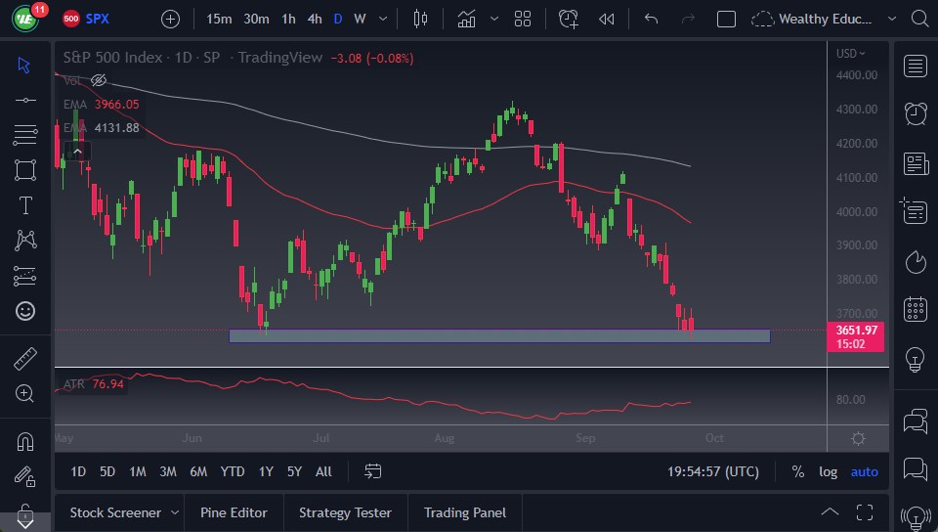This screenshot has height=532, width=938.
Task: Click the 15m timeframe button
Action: tap(220, 19)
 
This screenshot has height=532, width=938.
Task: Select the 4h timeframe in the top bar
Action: tap(314, 19)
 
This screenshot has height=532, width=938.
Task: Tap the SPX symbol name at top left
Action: tap(98, 19)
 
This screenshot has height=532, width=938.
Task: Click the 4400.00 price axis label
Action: tap(857, 75)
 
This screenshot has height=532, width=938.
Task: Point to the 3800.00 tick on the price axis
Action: tap(857, 280)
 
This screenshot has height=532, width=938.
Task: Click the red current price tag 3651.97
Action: tap(857, 331)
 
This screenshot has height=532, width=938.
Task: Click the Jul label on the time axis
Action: tap(320, 438)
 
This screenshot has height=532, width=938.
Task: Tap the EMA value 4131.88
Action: tap(115, 127)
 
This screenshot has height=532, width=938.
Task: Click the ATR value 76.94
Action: tap(107, 384)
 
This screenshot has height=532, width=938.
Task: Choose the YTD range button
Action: tap(233, 471)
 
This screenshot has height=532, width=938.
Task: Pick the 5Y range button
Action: tap(294, 471)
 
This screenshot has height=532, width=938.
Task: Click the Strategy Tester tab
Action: tap(345, 512)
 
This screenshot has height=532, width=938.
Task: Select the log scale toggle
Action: tap(828, 471)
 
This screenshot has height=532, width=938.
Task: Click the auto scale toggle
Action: tap(864, 471)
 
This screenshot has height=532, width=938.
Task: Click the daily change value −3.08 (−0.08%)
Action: tap(372, 58)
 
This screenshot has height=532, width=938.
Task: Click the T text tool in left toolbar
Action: tap(25, 205)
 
